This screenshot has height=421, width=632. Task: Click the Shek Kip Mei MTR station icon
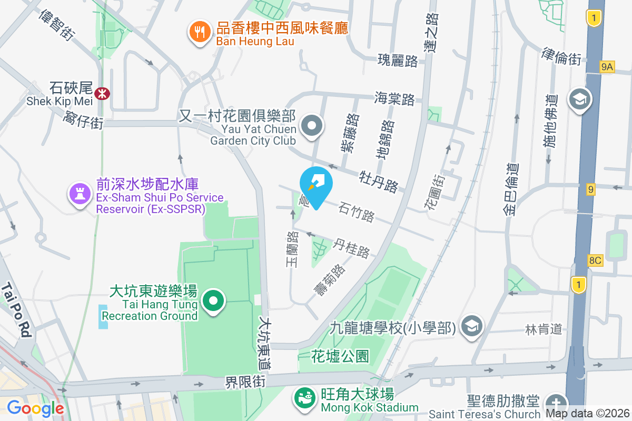click(102, 94)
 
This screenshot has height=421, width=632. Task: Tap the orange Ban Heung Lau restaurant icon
click(199, 33)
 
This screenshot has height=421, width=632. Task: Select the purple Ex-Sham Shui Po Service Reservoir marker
click(79, 194)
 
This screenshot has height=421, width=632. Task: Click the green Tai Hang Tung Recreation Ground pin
click(213, 302)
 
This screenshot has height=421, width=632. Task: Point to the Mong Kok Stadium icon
click(304, 398)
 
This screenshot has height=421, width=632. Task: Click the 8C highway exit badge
click(595, 260)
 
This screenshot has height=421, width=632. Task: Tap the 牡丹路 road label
click(379, 181)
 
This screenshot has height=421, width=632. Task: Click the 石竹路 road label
click(357, 210)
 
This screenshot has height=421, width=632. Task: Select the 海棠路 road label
click(394, 98)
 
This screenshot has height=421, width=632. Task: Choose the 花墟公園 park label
click(340, 356)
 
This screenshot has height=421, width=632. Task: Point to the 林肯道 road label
click(544, 329)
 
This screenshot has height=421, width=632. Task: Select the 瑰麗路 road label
click(398, 61)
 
